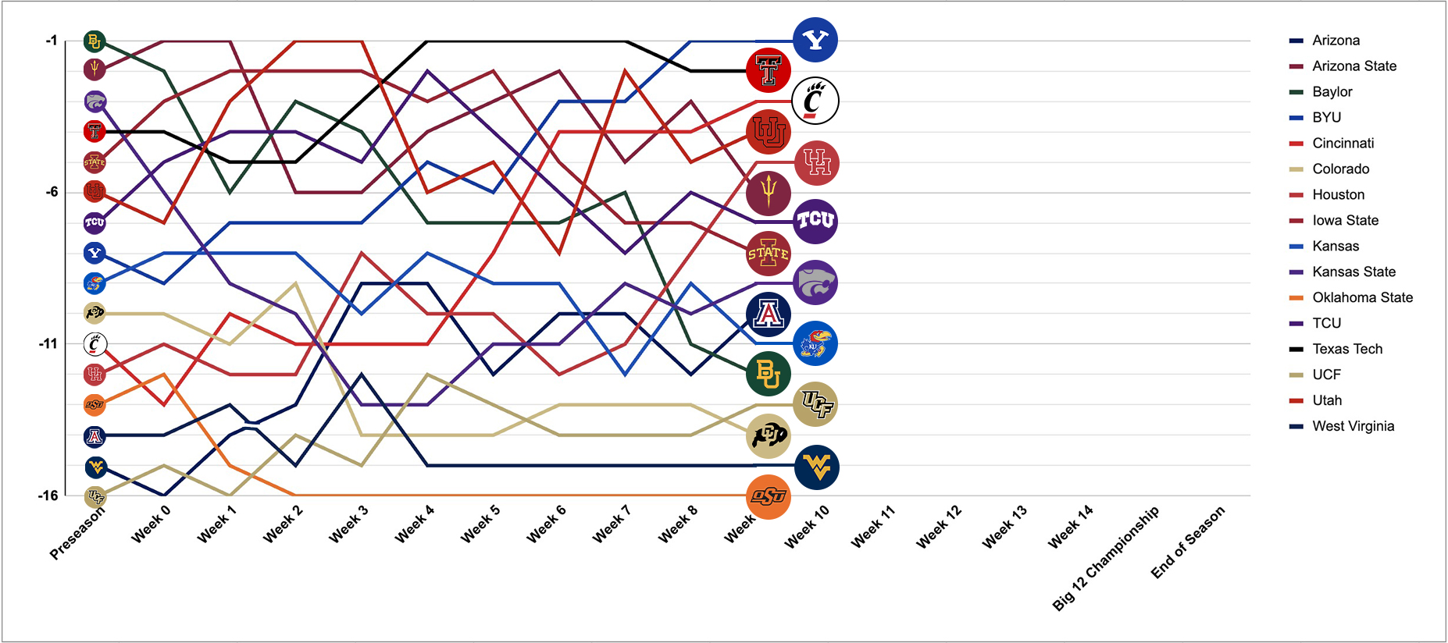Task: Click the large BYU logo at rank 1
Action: point(815,40)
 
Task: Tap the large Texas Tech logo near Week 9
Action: point(769,71)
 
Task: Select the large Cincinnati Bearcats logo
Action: point(815,101)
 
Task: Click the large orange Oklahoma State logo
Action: point(769,496)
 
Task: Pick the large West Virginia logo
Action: point(816,467)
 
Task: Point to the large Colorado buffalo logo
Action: point(769,435)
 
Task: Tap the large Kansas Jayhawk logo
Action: point(815,343)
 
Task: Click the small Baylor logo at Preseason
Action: point(95,41)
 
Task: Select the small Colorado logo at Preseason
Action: point(95,313)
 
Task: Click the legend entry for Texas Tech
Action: point(1347,349)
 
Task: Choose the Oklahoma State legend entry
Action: point(1362,297)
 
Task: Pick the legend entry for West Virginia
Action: point(1353,426)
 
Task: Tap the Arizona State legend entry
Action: point(1354,66)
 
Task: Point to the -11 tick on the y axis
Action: point(48,343)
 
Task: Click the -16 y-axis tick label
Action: point(48,496)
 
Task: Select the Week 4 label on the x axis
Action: point(415,524)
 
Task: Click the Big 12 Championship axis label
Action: point(1106,557)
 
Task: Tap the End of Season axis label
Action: point(1188,542)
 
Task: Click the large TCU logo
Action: point(815,222)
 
